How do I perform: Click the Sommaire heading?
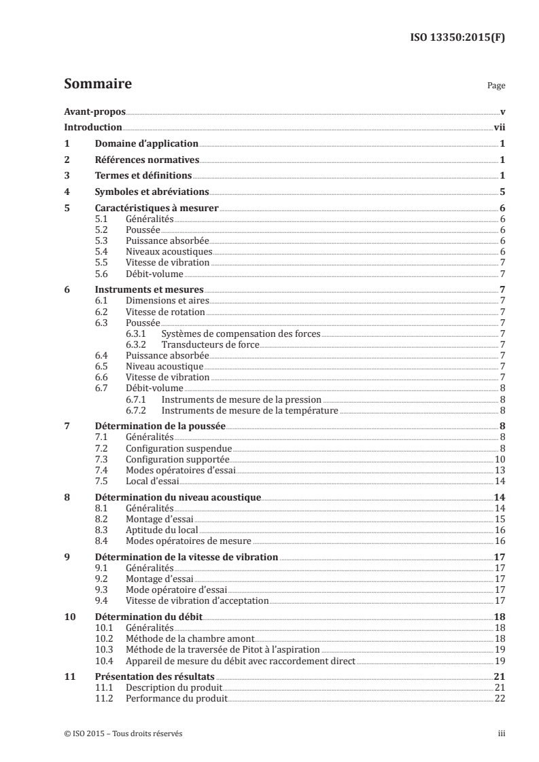click(98, 85)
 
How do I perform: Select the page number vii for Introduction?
click(498, 127)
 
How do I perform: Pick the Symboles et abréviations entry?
click(151, 192)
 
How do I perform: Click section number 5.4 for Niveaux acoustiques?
click(103, 251)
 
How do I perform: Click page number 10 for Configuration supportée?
click(499, 460)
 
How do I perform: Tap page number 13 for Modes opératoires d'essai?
click(499, 470)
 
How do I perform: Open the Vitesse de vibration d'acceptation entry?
click(197, 600)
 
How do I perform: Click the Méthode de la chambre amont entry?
click(190, 639)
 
